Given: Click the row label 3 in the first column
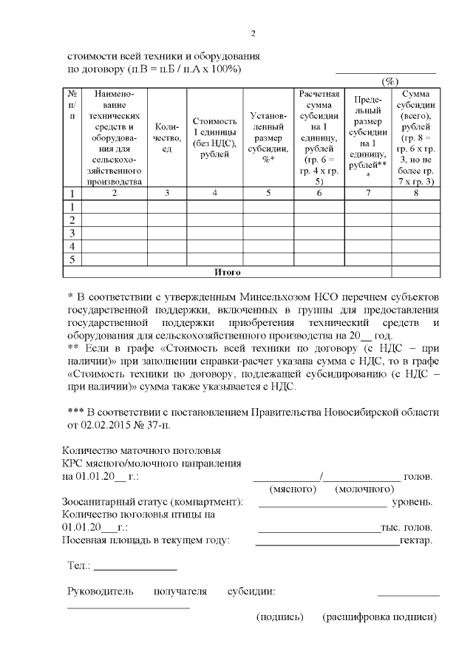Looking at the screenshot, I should click(72, 233).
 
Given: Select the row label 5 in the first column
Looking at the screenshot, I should click(72, 259).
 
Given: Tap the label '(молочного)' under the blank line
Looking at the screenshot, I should click(364, 489).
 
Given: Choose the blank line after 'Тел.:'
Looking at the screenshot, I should click(136, 569).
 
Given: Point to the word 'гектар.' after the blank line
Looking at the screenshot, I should click(415, 540).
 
